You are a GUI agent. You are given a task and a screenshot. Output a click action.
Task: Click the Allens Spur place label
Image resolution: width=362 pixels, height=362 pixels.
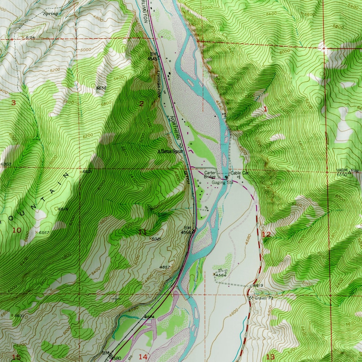[x=170, y=151]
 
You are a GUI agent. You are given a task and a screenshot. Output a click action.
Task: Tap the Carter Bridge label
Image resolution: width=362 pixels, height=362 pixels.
[x=210, y=175]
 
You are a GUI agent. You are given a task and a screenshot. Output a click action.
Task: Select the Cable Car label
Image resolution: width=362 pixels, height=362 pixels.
[x=240, y=173]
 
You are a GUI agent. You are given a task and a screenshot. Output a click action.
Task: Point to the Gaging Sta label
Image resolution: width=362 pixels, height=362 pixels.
[x=222, y=182]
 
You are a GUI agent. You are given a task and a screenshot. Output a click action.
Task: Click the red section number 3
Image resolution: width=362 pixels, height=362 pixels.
[x=13, y=103]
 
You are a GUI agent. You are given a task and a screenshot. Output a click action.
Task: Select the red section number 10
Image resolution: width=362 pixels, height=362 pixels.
[x=16, y=230]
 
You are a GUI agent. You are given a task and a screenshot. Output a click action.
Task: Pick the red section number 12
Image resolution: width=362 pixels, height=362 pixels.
[x=267, y=234]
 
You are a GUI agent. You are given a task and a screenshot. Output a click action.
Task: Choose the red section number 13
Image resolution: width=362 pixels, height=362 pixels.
[x=270, y=357]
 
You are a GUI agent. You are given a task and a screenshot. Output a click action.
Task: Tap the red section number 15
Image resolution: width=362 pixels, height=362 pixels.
[x=16, y=357]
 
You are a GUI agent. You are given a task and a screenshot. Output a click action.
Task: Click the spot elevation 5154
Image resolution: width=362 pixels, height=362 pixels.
[x=30, y=37]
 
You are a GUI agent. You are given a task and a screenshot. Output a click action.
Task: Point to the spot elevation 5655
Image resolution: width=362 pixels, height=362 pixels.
[x=101, y=88]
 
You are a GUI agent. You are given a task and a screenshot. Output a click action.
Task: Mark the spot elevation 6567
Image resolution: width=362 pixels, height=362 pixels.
[x=44, y=233]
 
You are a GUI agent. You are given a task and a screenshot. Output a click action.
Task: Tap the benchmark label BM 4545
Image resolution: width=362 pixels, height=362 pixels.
[x=154, y=57]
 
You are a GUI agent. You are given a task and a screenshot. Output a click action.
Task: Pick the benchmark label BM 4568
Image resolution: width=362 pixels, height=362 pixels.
[x=187, y=230]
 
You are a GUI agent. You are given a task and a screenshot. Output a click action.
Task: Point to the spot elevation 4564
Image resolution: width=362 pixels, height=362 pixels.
[x=221, y=275]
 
